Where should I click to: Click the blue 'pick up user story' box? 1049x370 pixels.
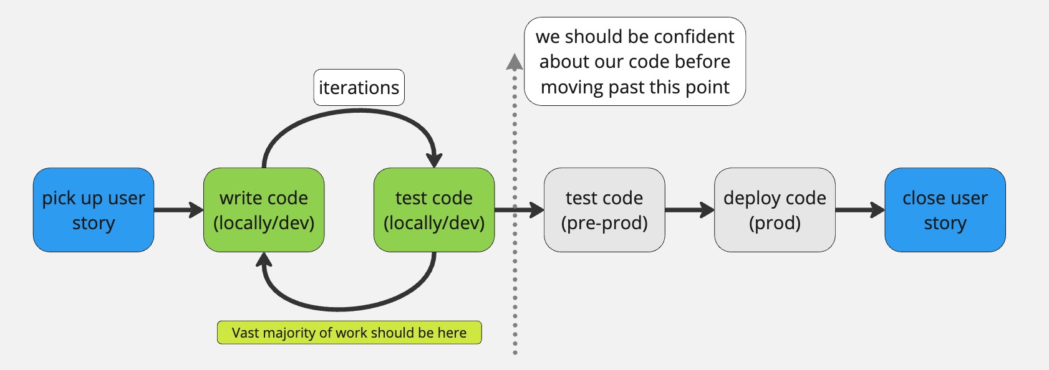(x=94, y=210)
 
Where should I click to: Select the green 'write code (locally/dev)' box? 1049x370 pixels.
(x=264, y=210)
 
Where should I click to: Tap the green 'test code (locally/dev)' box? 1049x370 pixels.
(x=434, y=210)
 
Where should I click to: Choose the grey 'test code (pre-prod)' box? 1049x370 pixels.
(x=604, y=210)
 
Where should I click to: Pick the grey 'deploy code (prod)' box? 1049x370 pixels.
(x=775, y=210)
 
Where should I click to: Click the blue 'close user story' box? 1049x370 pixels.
(x=945, y=210)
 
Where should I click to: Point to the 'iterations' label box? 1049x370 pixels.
(x=359, y=88)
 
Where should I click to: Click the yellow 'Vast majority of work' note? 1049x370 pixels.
(x=349, y=333)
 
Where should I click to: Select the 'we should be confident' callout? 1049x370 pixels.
(x=635, y=62)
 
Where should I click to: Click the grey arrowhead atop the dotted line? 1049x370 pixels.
(x=515, y=61)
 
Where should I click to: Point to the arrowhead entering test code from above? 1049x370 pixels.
(x=434, y=159)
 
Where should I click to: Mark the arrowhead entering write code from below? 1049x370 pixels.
(x=264, y=260)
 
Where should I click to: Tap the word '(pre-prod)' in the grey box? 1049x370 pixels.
(x=604, y=223)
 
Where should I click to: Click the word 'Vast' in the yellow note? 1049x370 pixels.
(x=246, y=333)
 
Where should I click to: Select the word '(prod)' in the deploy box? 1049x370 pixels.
(x=775, y=223)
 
